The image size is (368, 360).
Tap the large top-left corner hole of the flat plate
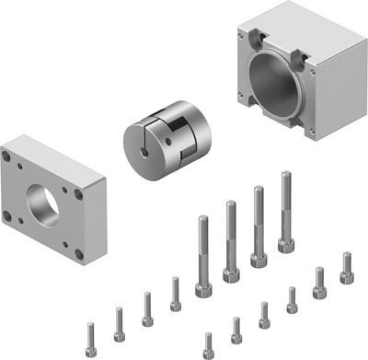17,162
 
